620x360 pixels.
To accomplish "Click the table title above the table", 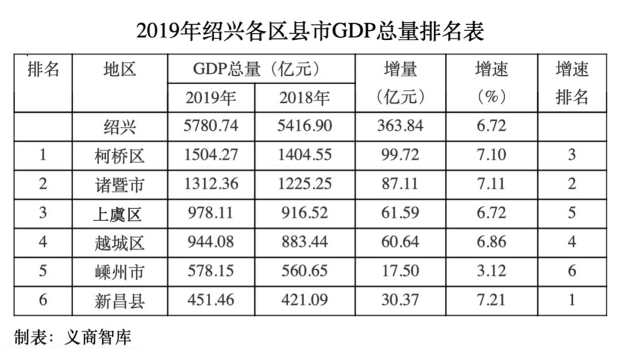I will click(310, 30).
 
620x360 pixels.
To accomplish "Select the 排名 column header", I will click(44, 70).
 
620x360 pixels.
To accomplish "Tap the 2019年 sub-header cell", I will click(211, 98).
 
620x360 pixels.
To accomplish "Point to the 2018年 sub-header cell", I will click(304, 98).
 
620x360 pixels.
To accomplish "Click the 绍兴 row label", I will click(120, 126).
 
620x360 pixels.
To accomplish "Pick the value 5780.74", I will click(211, 126).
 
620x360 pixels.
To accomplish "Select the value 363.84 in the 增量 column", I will click(400, 126).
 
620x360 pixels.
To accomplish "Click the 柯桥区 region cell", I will click(120, 156).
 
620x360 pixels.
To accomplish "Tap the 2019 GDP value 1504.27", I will click(211, 155).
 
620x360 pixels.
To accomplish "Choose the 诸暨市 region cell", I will click(120, 185).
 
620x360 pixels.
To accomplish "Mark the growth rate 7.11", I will click(491, 184).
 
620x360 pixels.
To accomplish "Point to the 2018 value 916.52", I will click(304, 213).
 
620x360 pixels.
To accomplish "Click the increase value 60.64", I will click(400, 242).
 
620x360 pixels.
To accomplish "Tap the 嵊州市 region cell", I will click(120, 272).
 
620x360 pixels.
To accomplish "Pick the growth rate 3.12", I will click(491, 270).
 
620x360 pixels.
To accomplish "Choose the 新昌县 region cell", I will click(120, 300).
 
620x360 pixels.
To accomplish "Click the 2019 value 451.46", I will click(211, 299).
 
